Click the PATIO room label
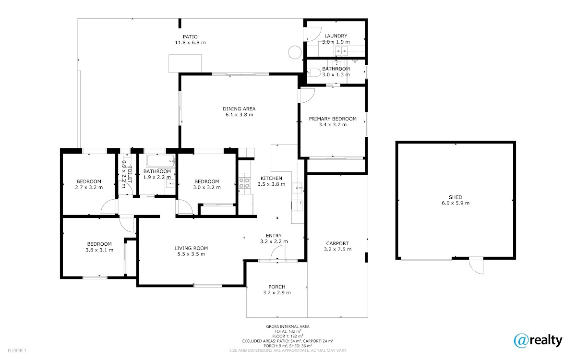pos(190,37)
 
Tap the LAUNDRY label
pos(336,36)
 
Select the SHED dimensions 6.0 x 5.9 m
pos(456,203)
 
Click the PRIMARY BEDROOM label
pos(333,119)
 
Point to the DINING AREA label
pos(239,109)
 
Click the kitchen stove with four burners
pos(244,183)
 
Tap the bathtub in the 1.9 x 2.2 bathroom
pos(161,161)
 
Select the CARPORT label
pos(337,243)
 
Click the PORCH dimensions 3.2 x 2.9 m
pos(277,293)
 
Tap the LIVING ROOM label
pos(192,248)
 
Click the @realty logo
pos(538,340)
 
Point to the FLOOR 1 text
pos(17,350)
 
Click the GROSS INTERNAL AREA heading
pos(288,326)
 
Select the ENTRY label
pos(274,236)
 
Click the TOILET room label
pos(130,174)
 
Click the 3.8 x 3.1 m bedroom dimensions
pos(99,250)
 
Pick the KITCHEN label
pos(272,178)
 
